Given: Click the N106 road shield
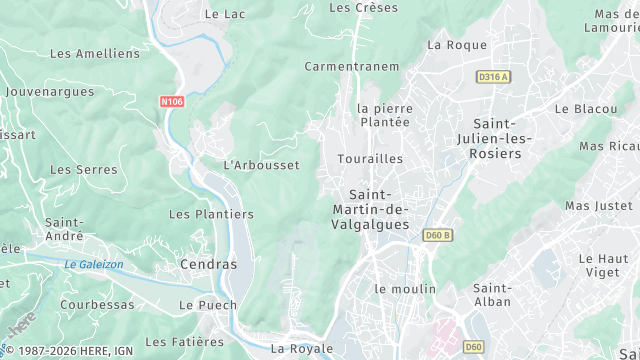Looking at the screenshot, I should point(171,101).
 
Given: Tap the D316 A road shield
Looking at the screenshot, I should point(492,76).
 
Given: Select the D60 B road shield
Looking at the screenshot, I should point(438,235).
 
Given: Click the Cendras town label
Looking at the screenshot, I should point(209,265).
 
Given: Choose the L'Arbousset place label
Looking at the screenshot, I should point(261,165).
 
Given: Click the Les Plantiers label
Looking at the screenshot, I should point(211,214).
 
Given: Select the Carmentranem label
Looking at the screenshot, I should point(352,67).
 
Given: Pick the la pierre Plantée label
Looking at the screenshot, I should point(384,115).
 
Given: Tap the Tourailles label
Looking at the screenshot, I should point(370,159).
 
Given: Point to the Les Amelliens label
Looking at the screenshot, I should point(95,53).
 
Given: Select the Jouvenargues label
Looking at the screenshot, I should point(49,91).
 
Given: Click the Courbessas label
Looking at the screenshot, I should point(96,304).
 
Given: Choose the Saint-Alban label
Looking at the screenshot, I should point(492,295).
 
